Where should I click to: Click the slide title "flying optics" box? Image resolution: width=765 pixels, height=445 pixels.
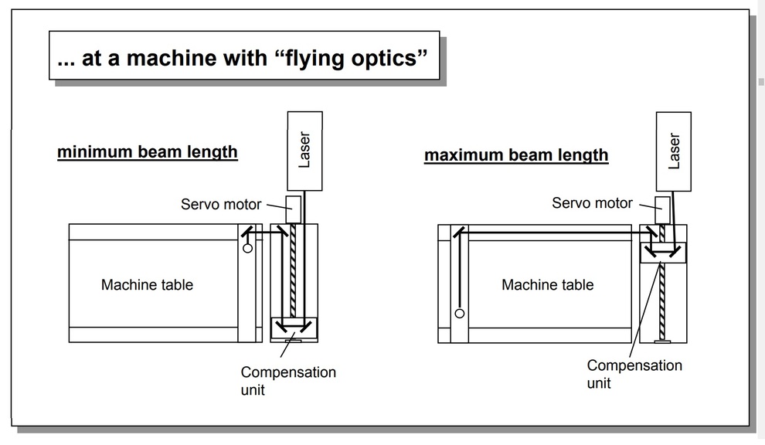point(243,56)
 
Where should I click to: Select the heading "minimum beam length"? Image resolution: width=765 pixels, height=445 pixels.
point(147,151)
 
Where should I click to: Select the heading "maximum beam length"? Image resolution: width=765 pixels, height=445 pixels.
point(516,155)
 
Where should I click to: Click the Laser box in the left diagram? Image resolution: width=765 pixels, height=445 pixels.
point(304,150)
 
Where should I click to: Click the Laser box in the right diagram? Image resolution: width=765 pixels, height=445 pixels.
point(674,150)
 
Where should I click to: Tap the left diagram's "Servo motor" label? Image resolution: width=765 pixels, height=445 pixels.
point(221,205)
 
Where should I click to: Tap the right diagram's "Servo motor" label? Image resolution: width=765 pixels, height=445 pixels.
point(592,203)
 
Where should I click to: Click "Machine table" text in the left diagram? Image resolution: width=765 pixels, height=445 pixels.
point(147,285)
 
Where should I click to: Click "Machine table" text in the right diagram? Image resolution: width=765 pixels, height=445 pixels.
point(547,285)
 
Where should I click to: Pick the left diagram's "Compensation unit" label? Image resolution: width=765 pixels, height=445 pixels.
point(287,380)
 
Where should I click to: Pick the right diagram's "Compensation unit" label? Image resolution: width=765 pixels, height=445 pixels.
point(634,373)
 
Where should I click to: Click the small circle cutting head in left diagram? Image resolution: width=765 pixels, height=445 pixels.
point(247,249)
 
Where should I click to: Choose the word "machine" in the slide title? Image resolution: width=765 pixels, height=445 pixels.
point(168,58)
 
